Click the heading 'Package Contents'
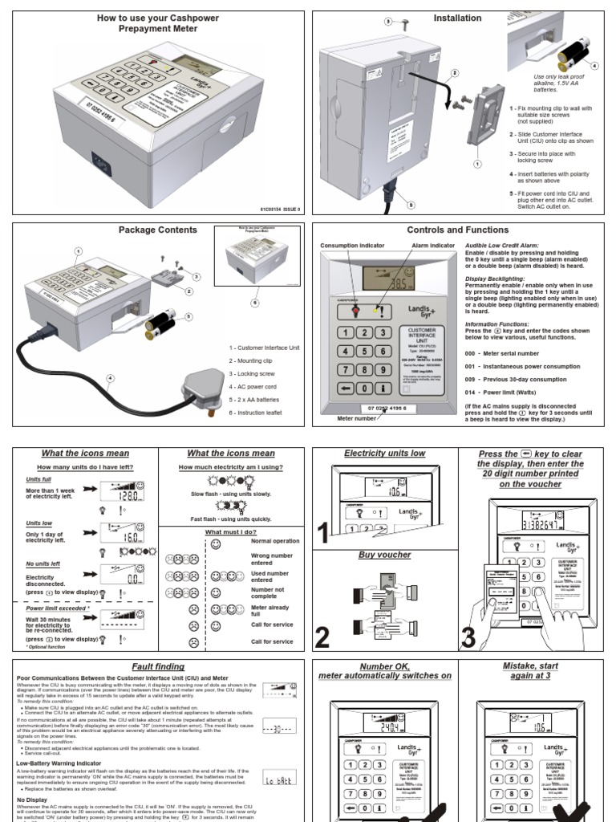158,230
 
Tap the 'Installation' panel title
457,18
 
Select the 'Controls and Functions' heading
457,230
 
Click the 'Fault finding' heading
158,666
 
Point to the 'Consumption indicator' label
352,246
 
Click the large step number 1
323,533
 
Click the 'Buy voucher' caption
384,555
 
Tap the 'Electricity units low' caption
384,454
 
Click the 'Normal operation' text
275,542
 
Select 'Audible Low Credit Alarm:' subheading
502,245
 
